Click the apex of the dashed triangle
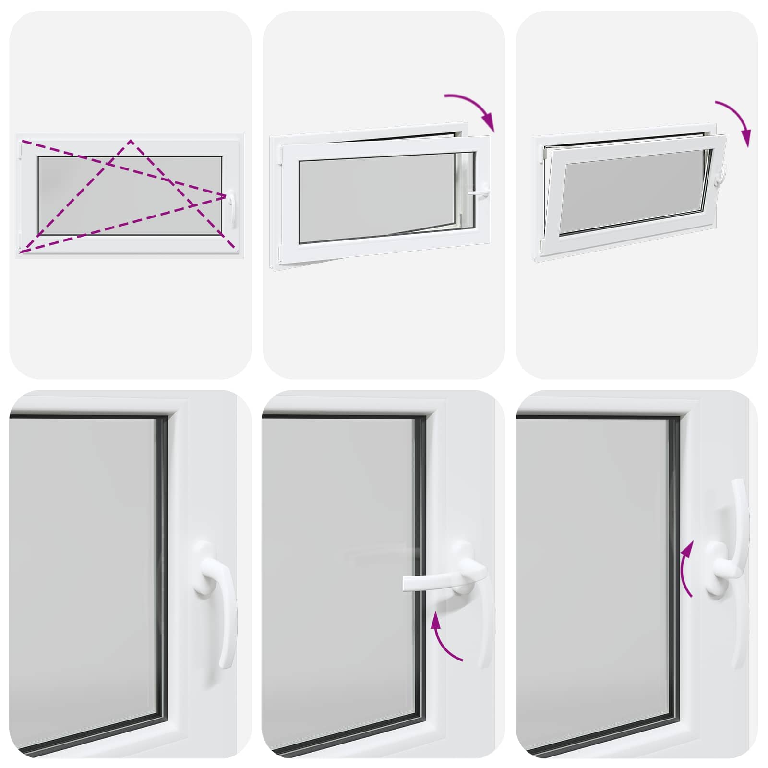tap(131, 141)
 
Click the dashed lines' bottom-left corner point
tap(20, 252)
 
